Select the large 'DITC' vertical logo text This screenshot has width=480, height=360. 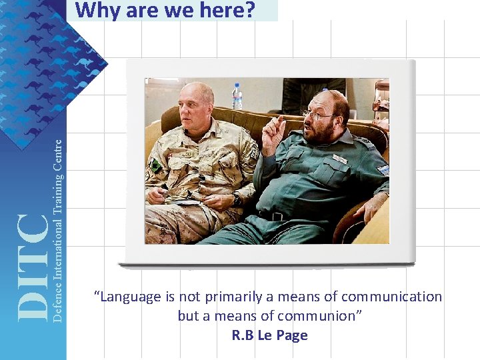[32, 267]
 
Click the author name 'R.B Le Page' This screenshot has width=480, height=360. [269, 335]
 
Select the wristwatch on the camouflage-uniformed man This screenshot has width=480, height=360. [236, 199]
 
